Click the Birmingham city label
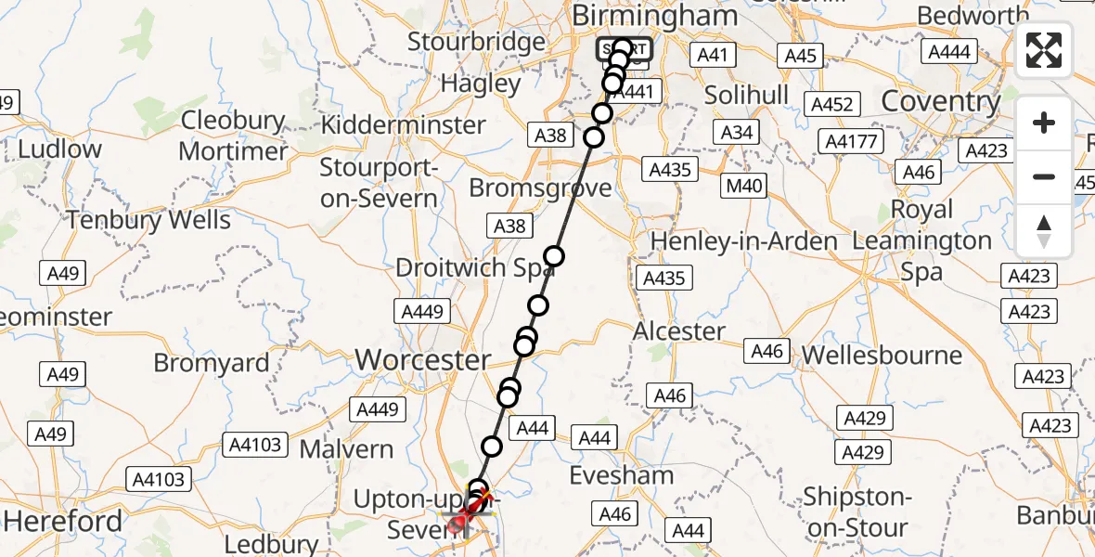click(655, 16)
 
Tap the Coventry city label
click(940, 100)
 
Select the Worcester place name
click(422, 359)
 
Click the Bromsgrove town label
click(540, 188)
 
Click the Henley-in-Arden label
click(743, 241)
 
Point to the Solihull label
click(746, 95)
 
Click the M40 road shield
click(744, 186)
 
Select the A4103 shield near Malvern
click(253, 445)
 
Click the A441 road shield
click(637, 92)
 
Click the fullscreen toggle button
click(1044, 50)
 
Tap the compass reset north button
click(1044, 231)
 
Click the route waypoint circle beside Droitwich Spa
click(554, 257)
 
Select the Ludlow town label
click(59, 149)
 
